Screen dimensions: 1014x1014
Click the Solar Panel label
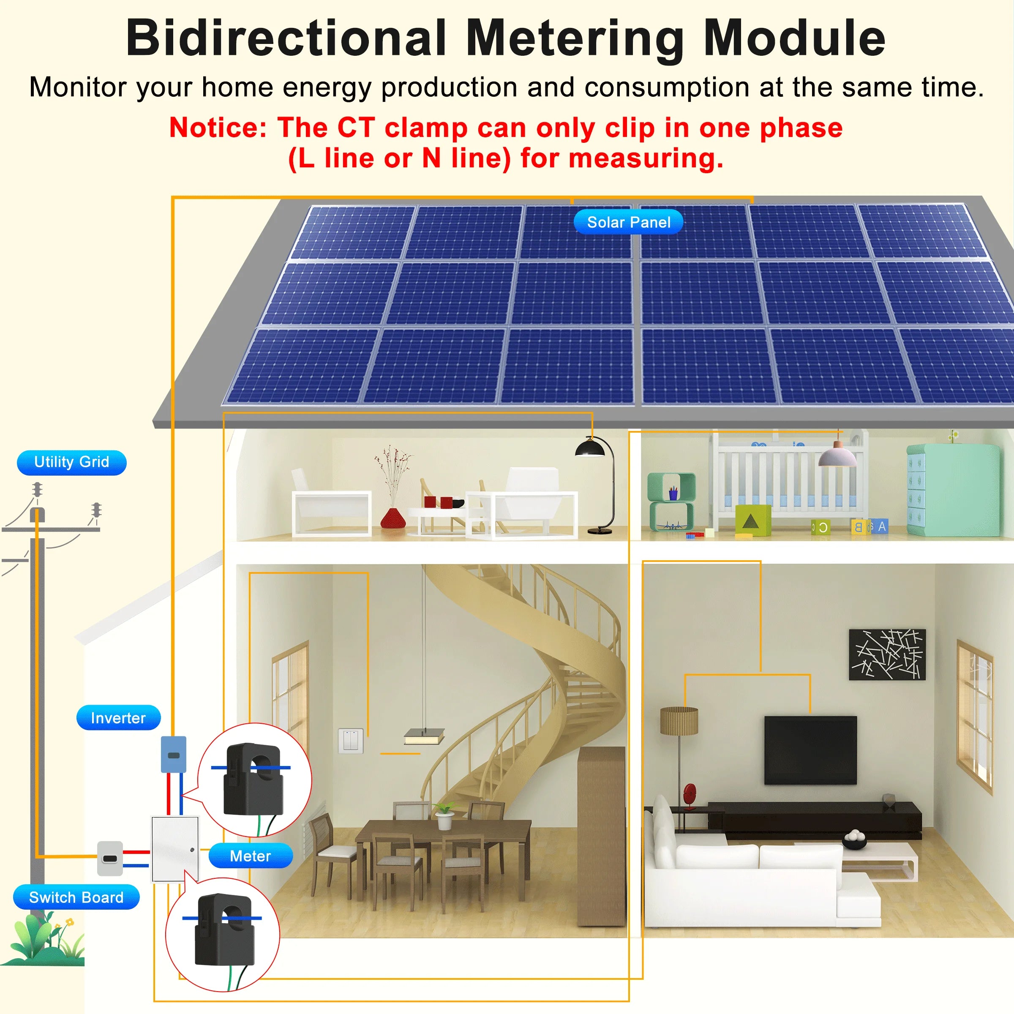tap(628, 222)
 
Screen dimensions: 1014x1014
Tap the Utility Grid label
tap(71, 462)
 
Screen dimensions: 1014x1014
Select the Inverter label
tap(118, 717)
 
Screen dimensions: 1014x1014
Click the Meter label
tap(251, 856)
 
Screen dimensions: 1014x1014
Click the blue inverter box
tap(173, 754)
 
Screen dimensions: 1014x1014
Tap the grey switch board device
tap(110, 859)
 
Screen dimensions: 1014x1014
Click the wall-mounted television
tap(810, 750)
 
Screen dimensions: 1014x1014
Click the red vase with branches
tap(392, 517)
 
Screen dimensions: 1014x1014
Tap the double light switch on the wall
tap(350, 741)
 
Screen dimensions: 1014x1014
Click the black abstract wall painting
tap(887, 654)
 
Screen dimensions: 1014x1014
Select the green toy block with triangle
tap(752, 520)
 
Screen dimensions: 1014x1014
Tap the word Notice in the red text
tap(218, 128)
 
